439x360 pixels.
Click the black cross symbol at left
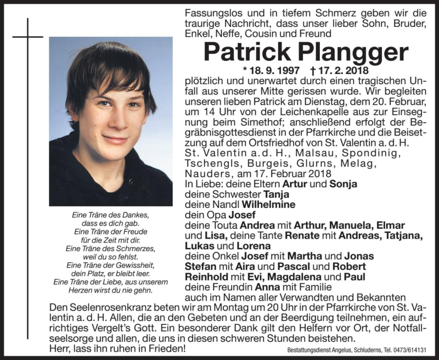pos(27,37)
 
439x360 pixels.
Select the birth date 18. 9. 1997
pos(274,71)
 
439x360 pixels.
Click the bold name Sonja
pos(344,184)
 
